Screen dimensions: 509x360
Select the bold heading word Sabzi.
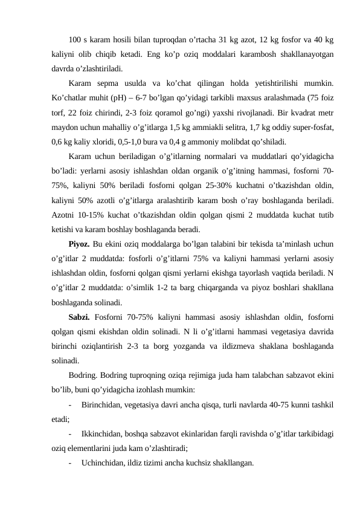pos(80,316)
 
